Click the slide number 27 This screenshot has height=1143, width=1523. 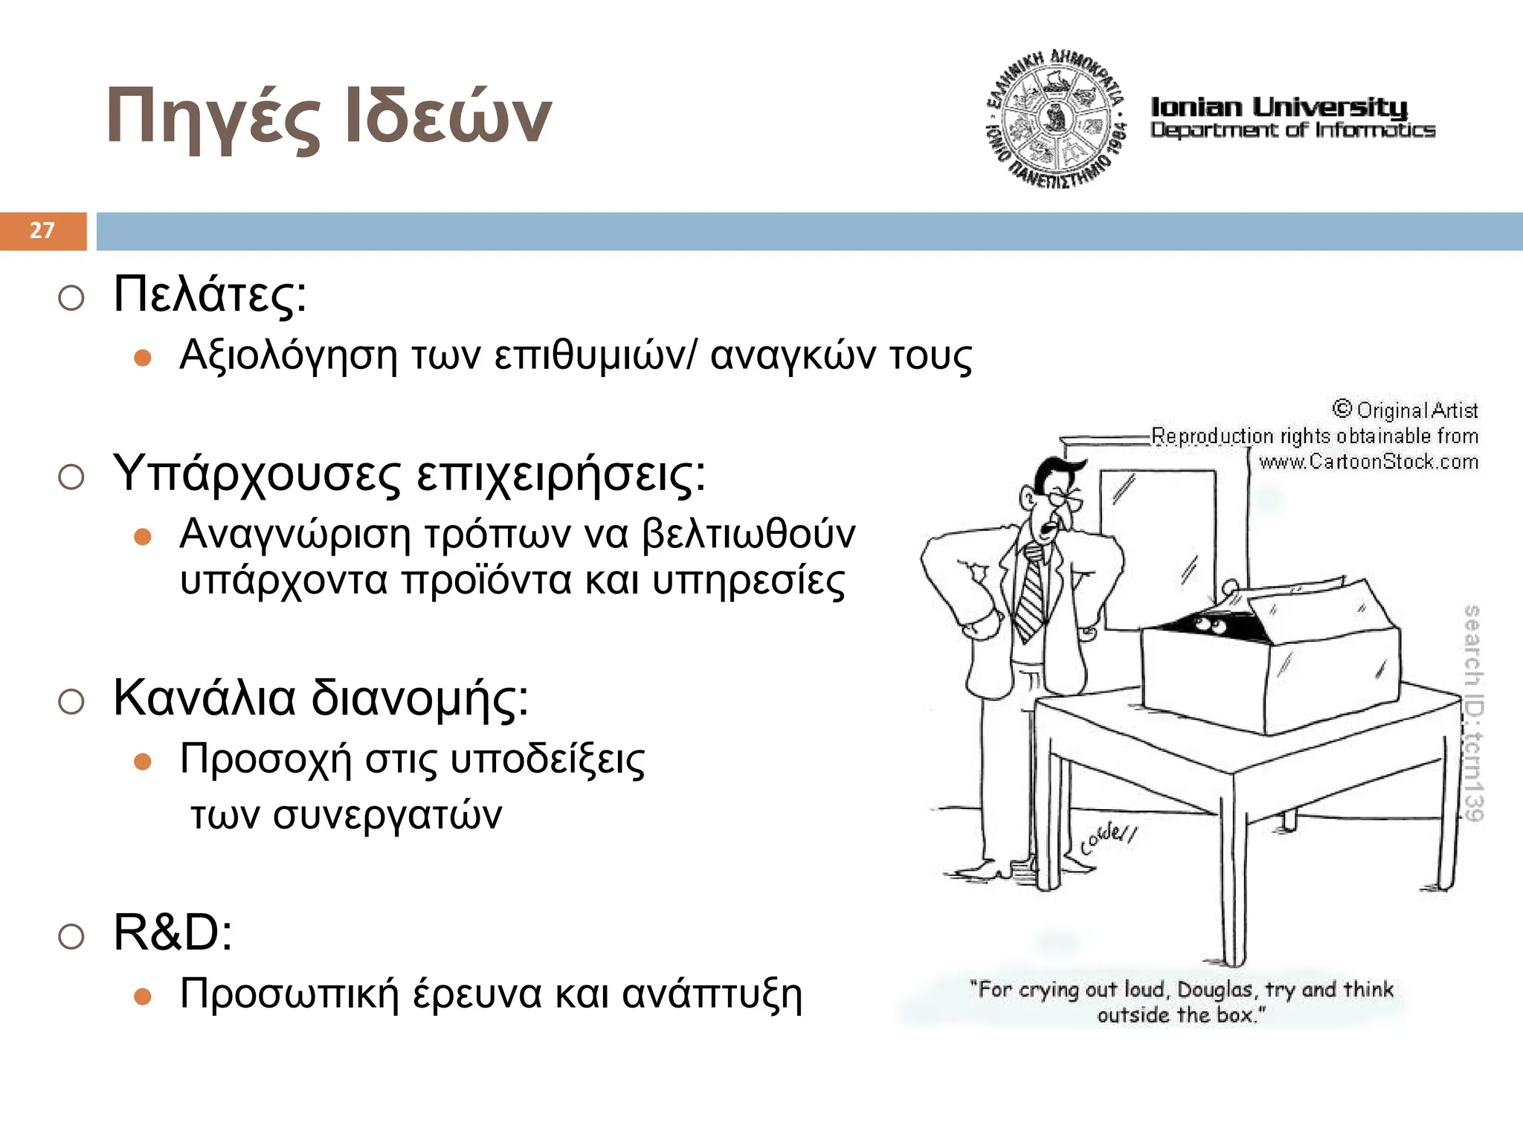(x=42, y=231)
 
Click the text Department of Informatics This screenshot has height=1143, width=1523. (x=1292, y=131)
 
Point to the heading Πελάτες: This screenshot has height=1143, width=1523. (x=210, y=294)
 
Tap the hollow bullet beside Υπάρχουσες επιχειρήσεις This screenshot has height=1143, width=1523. (x=71, y=477)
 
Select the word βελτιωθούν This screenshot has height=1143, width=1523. (x=748, y=534)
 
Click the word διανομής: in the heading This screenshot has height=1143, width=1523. (x=419, y=699)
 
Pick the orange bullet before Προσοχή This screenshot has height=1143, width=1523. (x=143, y=762)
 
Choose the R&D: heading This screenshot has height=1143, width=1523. (x=173, y=933)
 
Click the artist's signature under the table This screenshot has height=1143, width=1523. (x=1108, y=837)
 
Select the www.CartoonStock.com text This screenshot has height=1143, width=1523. (x=1368, y=462)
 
